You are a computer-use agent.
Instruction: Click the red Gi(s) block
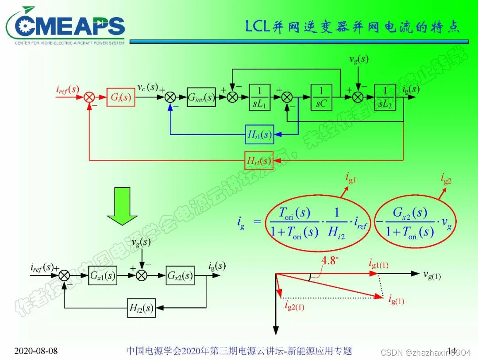point(121,97)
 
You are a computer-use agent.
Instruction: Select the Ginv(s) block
point(201,97)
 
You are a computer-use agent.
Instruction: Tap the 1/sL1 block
point(262,97)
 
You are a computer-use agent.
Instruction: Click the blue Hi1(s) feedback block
point(259,135)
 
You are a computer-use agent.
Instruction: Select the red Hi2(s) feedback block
point(258,160)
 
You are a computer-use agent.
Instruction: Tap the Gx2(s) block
point(180,276)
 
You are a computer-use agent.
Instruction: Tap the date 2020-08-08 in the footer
point(36,351)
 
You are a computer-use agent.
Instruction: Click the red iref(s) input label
point(67,89)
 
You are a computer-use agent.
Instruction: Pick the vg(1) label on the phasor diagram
point(432,275)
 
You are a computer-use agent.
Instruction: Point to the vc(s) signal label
point(147,87)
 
